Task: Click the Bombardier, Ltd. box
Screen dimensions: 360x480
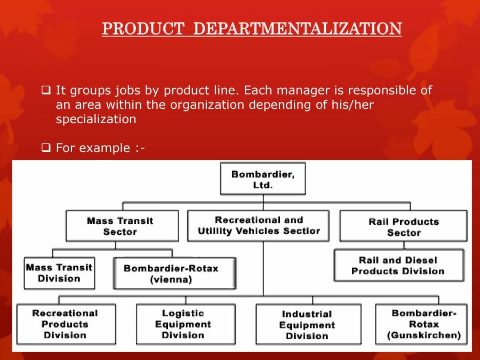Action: coord(262,180)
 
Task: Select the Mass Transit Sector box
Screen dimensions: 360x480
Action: coord(120,226)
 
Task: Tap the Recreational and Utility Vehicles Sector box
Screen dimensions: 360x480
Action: coord(259,226)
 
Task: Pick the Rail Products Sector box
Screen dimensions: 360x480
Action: coord(404,227)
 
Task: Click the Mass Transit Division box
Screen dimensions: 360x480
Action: coord(59,273)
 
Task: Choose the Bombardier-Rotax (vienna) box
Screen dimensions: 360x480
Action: coord(171,274)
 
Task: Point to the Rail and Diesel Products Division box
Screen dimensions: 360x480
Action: coord(398,266)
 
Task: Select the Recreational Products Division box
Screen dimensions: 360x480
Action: coord(65,324)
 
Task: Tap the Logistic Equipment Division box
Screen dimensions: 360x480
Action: coord(183,324)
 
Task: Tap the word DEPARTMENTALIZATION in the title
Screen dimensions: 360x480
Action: coord(297,28)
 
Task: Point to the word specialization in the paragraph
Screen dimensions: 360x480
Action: coord(96,119)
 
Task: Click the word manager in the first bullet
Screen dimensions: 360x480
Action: coord(315,90)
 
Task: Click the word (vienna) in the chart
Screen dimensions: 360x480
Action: coord(171,279)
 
